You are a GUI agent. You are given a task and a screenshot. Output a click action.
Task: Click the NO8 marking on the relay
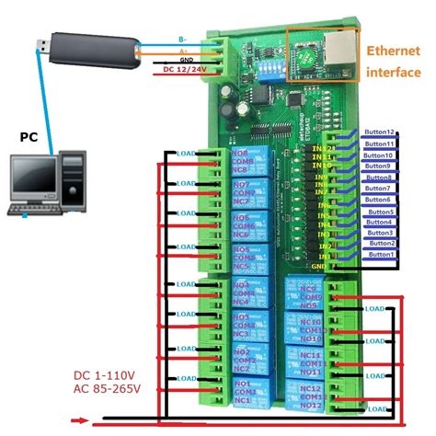click(241, 154)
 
